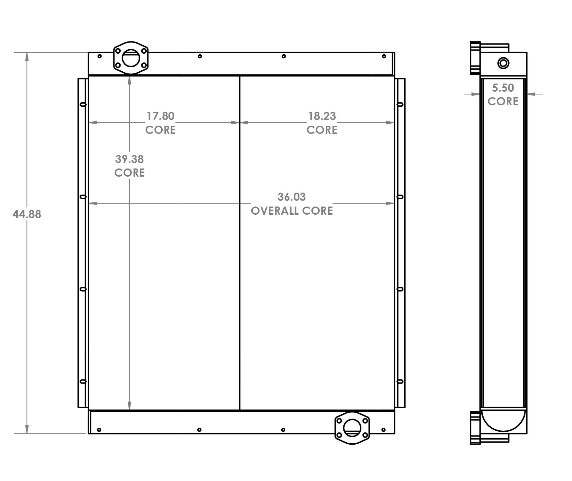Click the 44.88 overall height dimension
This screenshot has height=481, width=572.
(x=27, y=214)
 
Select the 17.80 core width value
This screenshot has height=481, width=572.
(x=160, y=116)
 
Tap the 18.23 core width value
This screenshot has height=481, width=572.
(x=322, y=116)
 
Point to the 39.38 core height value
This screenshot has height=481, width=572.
(x=129, y=159)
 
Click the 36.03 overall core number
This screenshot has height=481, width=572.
(x=291, y=197)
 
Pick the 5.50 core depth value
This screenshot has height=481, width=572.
(x=503, y=88)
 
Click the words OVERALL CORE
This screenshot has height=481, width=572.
(x=291, y=211)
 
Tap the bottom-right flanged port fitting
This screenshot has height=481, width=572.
(x=352, y=428)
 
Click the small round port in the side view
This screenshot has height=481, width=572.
(x=503, y=63)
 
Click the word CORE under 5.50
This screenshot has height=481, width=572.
(x=503, y=102)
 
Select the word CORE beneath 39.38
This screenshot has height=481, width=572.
(x=129, y=173)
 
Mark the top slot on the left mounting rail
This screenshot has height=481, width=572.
(x=83, y=104)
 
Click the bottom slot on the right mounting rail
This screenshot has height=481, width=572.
(x=400, y=381)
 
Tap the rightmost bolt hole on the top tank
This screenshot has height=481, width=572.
(x=384, y=56)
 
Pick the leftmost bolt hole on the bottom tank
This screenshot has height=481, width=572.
(x=99, y=430)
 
